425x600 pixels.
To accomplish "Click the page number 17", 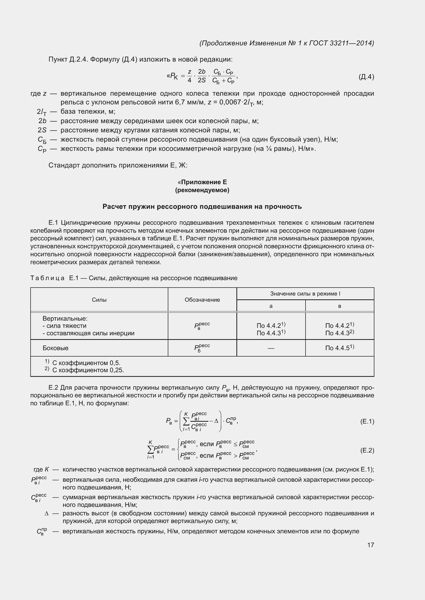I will (371, 545).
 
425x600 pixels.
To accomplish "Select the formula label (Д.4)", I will (366, 77).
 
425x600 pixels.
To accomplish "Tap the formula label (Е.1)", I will (367, 421).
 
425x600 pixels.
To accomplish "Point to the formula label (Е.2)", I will (367, 450).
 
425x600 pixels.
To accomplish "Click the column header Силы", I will (99, 300).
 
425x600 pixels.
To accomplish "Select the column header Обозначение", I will (202, 300).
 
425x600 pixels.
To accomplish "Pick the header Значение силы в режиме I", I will (305, 294).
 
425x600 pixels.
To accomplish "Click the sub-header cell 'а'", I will (271, 306).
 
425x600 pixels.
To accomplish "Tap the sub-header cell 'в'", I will (339, 306).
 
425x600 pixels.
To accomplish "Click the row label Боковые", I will (56, 348).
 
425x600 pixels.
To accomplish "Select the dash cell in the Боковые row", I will (271, 348).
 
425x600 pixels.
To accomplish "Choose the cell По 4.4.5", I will (339, 348).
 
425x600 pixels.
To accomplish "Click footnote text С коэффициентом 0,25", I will (88, 370).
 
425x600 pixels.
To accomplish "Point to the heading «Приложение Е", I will (202, 182).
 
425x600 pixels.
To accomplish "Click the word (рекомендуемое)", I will (202, 190).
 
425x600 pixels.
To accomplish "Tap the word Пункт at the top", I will (58, 60).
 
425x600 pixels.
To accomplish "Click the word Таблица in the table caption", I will (47, 278).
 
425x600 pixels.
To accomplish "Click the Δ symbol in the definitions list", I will (47, 514).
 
